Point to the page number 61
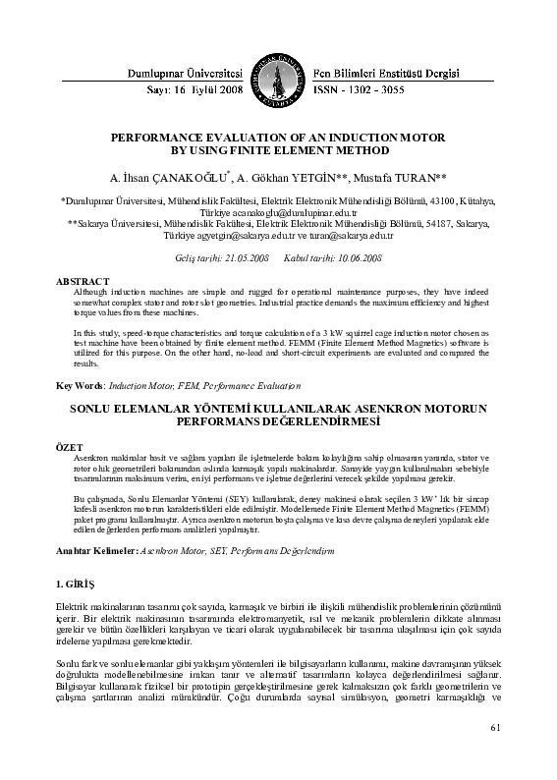[x=494, y=755]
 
